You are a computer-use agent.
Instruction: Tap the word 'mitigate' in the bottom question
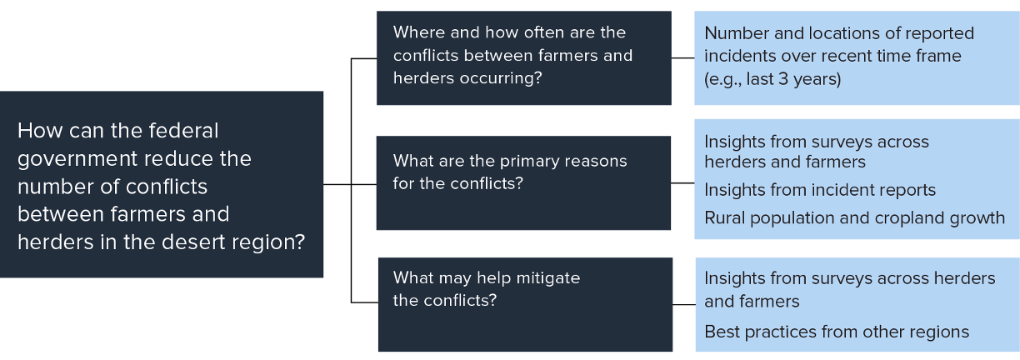(x=547, y=277)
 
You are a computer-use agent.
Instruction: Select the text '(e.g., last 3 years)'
(x=772, y=79)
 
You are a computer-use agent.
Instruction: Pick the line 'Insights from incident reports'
(x=820, y=190)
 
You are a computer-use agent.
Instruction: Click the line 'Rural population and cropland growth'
(x=854, y=217)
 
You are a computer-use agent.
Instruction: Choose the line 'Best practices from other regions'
(x=837, y=332)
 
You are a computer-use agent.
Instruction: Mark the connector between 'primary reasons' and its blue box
(x=682, y=182)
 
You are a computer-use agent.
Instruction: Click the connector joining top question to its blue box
(x=682, y=58)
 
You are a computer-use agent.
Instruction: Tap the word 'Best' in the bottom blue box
(x=722, y=332)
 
